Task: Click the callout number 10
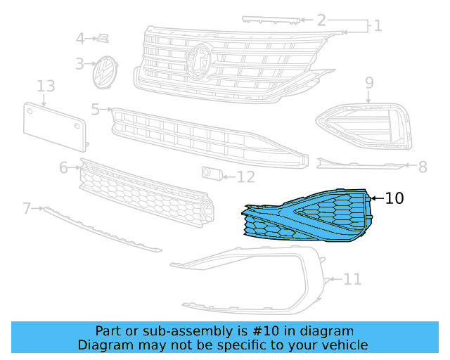394,198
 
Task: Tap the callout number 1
378,26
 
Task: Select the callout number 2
321,20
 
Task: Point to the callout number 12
245,176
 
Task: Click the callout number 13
46,86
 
